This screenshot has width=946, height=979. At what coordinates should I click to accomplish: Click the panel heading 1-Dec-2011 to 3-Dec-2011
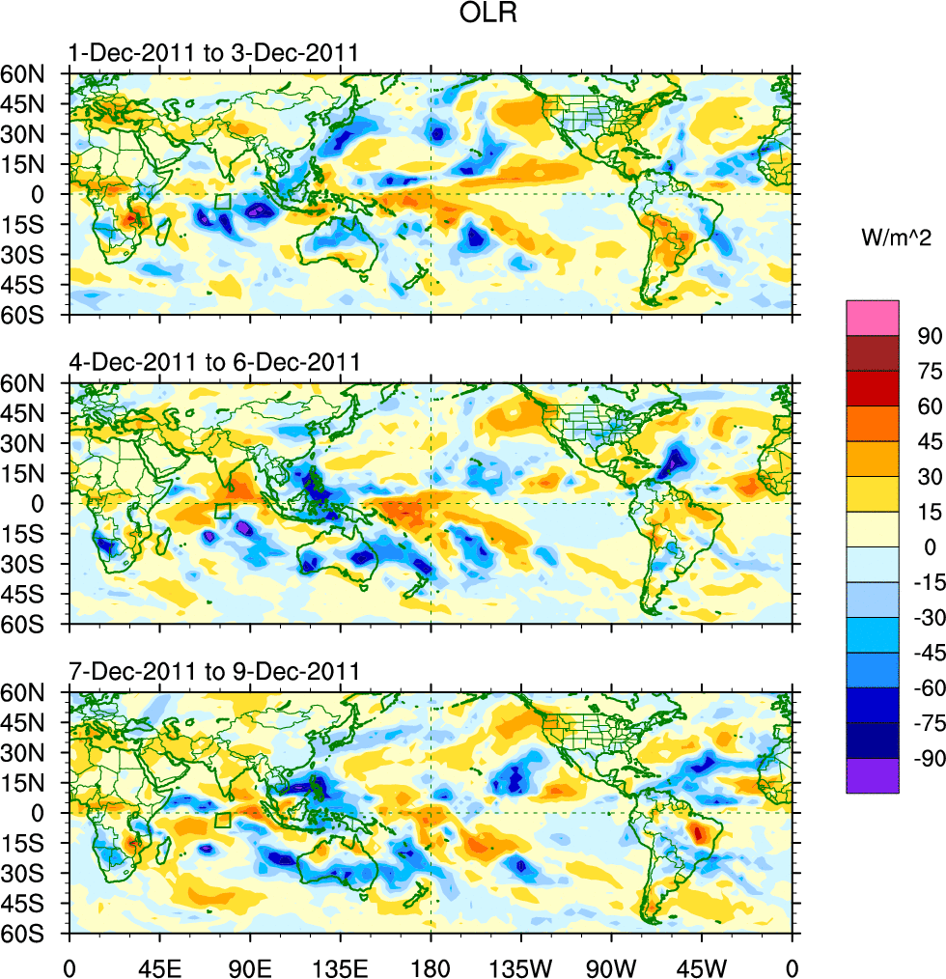213,53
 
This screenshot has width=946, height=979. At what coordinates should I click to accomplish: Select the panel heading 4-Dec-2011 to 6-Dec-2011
214,362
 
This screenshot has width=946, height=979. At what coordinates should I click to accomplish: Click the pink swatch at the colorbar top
872,318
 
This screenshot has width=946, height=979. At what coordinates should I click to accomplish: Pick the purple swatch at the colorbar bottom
872,775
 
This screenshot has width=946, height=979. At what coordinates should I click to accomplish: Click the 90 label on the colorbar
926,334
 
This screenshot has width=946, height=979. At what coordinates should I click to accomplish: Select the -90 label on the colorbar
922,759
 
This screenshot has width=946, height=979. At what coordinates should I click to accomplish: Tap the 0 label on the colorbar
930,546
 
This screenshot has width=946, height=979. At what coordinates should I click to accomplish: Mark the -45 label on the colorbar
922,653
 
